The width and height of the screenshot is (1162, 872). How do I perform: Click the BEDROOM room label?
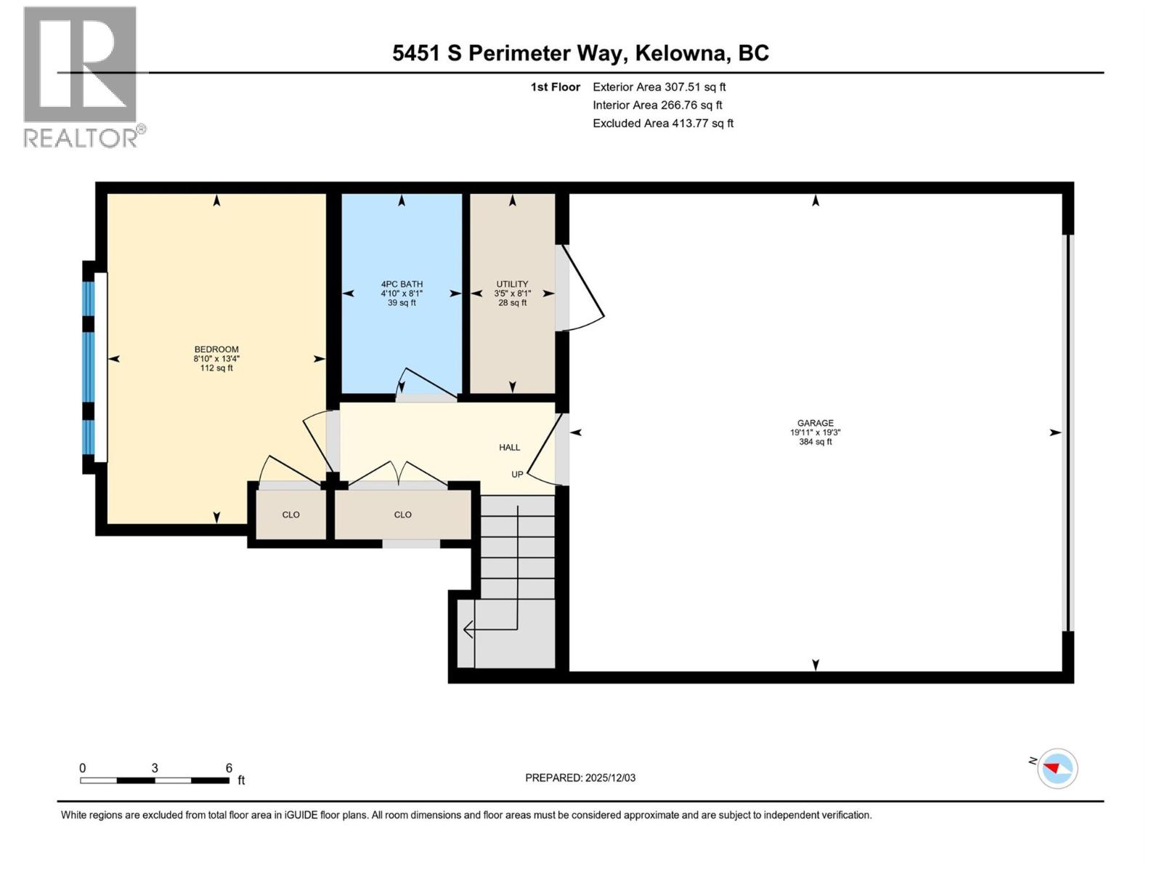[x=216, y=350]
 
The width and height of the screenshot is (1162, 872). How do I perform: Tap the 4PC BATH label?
[x=402, y=284]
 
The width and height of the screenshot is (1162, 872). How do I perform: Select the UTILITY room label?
[x=512, y=284]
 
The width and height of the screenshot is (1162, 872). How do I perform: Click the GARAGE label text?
[x=815, y=423]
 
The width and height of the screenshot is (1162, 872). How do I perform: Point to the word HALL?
[x=509, y=448]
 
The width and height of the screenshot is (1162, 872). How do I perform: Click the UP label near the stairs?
[x=517, y=475]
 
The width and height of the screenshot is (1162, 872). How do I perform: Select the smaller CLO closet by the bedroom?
[x=290, y=514]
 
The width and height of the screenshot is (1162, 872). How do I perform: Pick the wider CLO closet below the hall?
[x=402, y=514]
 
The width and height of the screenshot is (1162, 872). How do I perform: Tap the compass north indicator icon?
[x=1057, y=768]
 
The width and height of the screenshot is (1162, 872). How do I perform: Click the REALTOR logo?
[x=81, y=76]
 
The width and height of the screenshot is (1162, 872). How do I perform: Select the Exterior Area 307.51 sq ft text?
[x=659, y=86]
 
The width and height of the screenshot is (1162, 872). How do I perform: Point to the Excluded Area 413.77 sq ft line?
[x=662, y=123]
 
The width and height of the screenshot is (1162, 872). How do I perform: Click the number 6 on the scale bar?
[x=229, y=768]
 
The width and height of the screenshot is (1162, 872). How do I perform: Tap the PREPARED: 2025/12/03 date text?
[x=580, y=778]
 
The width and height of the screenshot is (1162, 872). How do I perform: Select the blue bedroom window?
[x=89, y=367]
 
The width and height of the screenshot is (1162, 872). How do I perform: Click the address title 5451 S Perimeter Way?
[x=580, y=53]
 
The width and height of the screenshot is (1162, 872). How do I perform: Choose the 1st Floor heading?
[x=555, y=86]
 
